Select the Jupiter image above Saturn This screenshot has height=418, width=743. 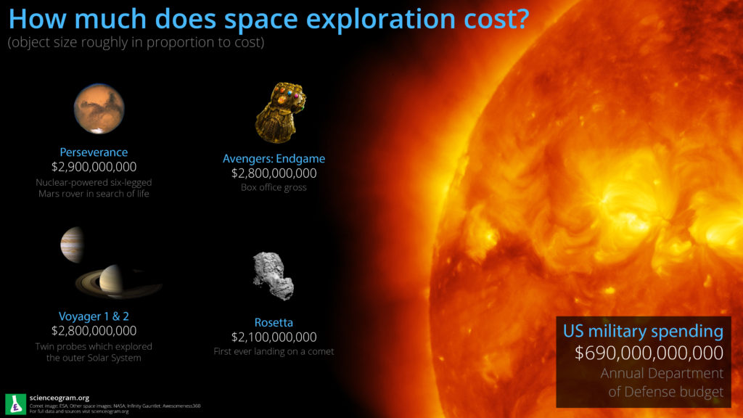72,245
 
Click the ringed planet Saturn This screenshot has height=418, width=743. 112,281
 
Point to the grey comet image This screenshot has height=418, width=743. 273,276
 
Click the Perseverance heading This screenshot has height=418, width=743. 94,152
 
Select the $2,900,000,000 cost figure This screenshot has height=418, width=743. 94,168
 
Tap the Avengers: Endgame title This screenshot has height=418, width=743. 274,158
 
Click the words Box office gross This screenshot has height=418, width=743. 274,187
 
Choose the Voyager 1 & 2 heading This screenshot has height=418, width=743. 94,316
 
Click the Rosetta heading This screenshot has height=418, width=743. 274,322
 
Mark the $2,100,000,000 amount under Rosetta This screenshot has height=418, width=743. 274,337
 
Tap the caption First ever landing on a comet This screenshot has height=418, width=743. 274,352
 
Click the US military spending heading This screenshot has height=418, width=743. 643,332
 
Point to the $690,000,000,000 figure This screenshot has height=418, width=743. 649,353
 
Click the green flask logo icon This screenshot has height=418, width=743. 15,403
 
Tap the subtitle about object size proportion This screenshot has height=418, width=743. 136,43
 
